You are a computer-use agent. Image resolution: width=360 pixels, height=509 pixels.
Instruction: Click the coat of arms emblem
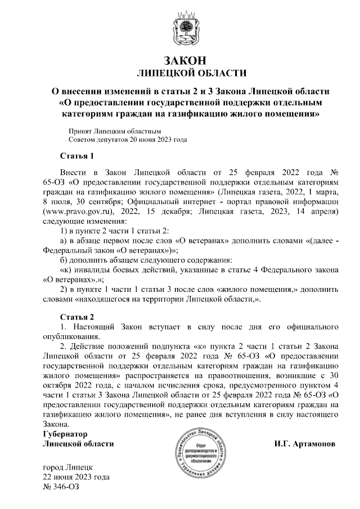[182, 28]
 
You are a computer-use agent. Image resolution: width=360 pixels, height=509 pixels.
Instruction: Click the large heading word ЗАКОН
[181, 60]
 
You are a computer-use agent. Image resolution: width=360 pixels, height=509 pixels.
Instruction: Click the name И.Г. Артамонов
[305, 444]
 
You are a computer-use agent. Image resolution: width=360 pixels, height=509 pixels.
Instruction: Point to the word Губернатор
[66, 435]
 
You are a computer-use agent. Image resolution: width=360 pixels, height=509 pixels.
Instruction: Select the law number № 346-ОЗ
[61, 487]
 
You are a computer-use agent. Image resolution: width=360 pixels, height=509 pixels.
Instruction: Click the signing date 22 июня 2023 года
[76, 477]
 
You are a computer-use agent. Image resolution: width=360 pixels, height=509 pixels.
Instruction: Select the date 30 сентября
[94, 202]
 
